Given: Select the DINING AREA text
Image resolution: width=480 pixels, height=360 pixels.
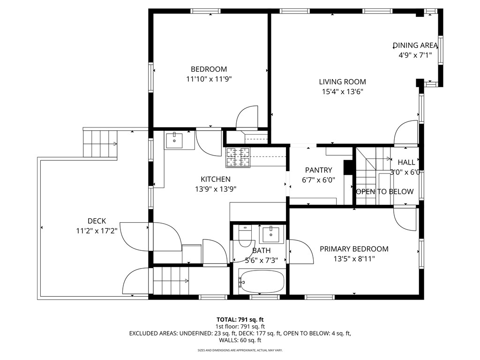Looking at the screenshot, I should (415, 45).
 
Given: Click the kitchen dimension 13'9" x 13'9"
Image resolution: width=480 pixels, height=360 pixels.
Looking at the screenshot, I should (216, 189).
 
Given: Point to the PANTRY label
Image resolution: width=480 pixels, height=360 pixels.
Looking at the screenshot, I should (318, 170).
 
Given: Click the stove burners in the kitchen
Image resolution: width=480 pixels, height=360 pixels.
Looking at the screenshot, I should (238, 157).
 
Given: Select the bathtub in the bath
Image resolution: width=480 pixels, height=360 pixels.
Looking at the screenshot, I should (261, 281).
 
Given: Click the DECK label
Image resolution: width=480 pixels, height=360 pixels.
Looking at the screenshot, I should (97, 221).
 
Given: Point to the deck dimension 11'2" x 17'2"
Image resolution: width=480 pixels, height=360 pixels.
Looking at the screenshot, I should (97, 231).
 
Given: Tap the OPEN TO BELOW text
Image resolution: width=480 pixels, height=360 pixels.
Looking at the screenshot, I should (385, 191).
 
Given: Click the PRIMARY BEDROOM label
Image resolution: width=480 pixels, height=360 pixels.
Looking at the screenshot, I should (354, 249).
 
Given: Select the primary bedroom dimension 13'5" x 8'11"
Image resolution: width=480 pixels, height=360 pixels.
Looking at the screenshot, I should (354, 258).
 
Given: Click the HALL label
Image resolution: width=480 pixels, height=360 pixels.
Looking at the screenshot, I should (406, 162).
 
